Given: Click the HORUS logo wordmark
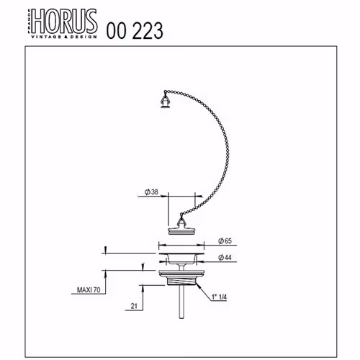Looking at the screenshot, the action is point(65,22).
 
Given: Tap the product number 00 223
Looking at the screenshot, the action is point(135,31).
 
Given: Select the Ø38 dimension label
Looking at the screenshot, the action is point(152,192).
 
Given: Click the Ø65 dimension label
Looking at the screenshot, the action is point(225,240).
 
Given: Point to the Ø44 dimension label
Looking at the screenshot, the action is point(225,258).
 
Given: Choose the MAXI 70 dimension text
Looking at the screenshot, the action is point(89,290).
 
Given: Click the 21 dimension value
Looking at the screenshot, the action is point(134,306).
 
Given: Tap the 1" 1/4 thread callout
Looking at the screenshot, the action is point(219,297).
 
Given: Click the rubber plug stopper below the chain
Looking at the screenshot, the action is point(181,230).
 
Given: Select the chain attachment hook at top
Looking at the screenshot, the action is point(166,99).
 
